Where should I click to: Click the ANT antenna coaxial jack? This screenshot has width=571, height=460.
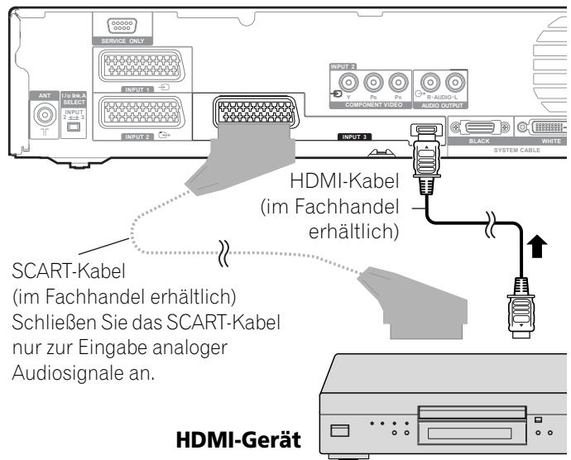40,114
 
